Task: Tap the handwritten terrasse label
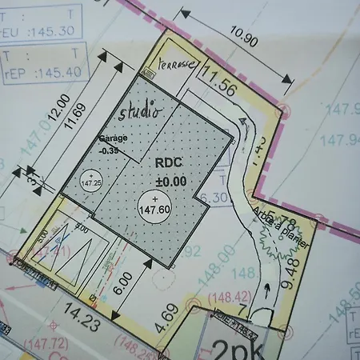(x=175, y=65)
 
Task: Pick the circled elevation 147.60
(x=155, y=206)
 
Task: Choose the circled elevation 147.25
(x=91, y=180)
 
